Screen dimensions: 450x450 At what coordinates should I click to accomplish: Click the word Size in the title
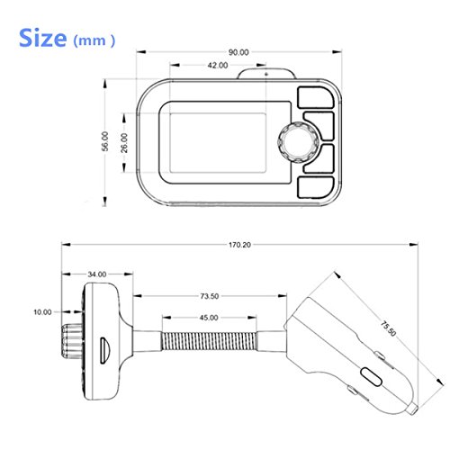[42, 38]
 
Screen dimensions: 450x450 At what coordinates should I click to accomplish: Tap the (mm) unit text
[94, 40]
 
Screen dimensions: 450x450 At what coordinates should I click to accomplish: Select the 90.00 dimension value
[238, 52]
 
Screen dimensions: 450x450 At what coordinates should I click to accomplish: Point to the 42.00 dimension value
[218, 65]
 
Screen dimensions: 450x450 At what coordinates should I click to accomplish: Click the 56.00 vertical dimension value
[105, 141]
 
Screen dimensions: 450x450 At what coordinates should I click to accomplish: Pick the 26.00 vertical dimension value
[124, 143]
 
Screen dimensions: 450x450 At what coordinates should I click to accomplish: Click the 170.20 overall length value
[239, 245]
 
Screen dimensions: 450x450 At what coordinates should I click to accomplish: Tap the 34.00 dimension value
[97, 274]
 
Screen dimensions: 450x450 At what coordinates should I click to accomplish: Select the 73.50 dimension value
[210, 296]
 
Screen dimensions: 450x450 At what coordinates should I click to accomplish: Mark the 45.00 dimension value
[209, 318]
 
